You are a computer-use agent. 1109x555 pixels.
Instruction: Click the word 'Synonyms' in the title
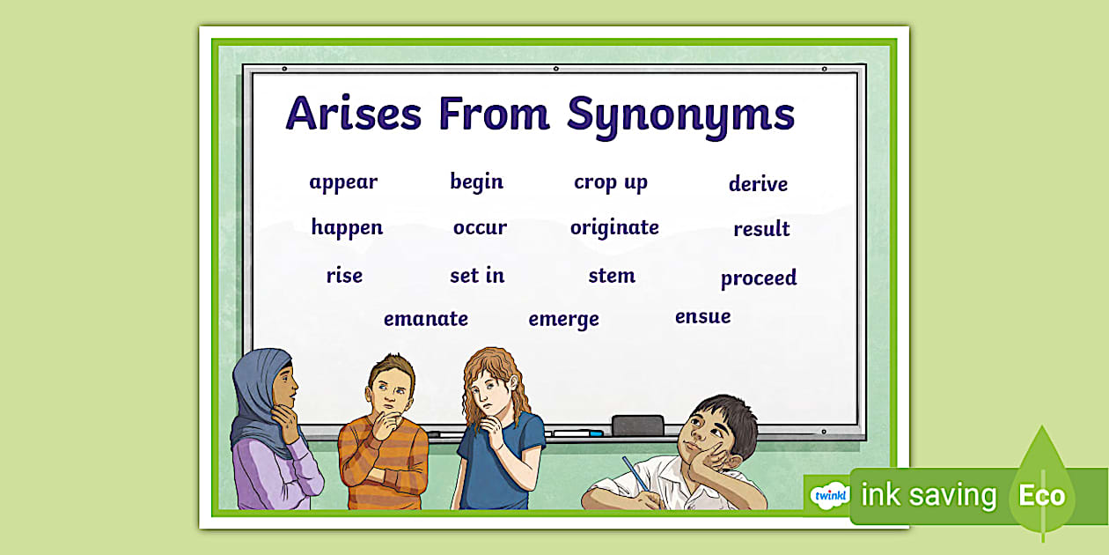click(680, 115)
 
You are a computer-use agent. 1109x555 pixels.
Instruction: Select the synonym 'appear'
click(343, 182)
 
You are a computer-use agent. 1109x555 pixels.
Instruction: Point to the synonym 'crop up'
click(610, 182)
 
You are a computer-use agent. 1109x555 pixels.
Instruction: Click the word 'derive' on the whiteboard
click(758, 184)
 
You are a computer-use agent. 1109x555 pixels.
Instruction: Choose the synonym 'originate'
click(614, 227)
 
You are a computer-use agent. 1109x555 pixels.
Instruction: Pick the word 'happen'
click(347, 227)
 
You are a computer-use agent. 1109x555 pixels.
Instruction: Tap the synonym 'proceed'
click(758, 278)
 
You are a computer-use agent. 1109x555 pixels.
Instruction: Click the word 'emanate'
click(425, 319)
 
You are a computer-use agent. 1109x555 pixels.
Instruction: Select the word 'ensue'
click(702, 316)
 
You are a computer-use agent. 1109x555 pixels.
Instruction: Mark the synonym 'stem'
click(612, 275)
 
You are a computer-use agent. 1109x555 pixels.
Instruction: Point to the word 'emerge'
click(563, 319)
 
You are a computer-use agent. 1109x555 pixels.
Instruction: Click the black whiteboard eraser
click(637, 425)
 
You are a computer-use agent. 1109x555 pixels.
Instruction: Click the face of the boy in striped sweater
click(388, 387)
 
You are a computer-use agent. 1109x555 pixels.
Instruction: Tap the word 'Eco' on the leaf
click(1041, 495)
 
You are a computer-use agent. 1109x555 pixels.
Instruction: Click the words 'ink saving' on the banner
click(928, 495)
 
